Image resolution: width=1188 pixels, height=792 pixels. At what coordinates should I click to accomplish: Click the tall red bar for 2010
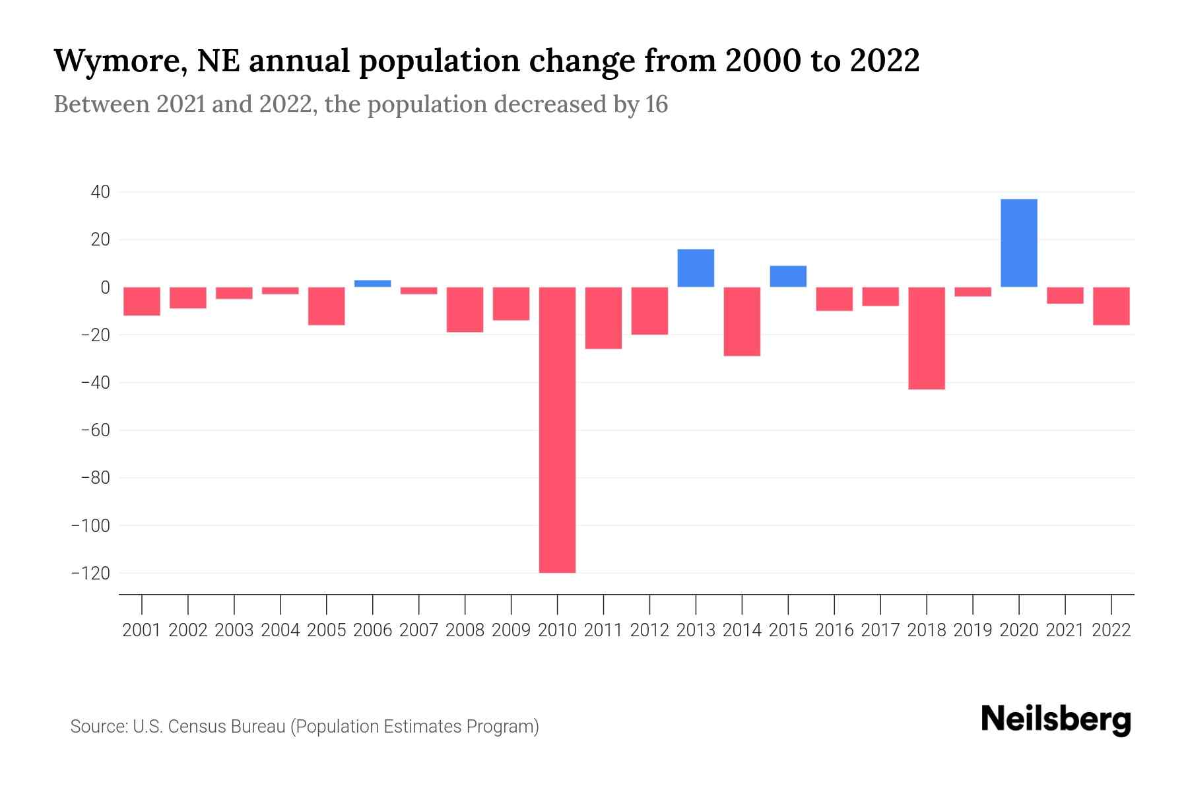pos(557,429)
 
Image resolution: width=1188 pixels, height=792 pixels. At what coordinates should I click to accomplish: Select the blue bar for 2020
pos(1018,243)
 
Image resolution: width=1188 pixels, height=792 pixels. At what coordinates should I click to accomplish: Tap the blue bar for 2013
pos(696,268)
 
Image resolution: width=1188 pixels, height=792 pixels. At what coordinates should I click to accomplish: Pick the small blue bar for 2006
pos(372,284)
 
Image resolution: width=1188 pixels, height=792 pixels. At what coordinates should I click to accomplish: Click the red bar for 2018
pos(927,338)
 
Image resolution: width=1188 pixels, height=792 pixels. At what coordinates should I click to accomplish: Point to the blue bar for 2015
pos(788,277)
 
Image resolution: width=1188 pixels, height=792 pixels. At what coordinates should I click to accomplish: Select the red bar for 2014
pos(742,321)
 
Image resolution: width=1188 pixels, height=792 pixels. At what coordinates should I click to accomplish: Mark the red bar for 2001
pos(142,301)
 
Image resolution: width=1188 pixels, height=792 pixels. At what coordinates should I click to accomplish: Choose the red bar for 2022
pos(1111,306)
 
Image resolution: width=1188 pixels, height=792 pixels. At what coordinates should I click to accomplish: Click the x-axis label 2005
pos(327,630)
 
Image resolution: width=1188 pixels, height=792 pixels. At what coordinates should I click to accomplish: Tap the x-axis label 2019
pos(973,630)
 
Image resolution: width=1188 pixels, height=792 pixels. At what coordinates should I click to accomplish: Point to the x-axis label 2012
pos(649,630)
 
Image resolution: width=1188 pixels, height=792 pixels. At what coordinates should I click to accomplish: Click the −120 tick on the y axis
pos(90,573)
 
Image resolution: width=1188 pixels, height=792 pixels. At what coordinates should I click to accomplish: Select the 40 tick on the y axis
pos(100,192)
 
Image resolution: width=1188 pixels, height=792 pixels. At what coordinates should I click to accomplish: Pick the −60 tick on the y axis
pos(94,430)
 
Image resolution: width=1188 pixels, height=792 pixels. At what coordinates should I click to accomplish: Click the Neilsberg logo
pos(1055,720)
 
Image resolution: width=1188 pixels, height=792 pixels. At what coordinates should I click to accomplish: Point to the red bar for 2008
pos(465,310)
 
